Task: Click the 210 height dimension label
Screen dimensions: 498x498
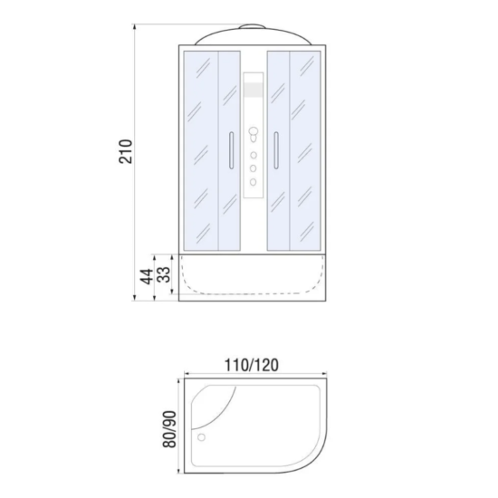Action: (x=126, y=151)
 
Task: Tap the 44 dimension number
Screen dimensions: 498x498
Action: (x=147, y=277)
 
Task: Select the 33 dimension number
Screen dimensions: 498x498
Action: (x=164, y=274)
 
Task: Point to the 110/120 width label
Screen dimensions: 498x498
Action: (x=252, y=365)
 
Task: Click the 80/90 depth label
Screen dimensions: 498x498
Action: (x=169, y=429)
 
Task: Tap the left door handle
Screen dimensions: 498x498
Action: (x=231, y=150)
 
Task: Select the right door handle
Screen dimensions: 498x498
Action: (x=276, y=150)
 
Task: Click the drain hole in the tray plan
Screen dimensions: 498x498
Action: (x=201, y=437)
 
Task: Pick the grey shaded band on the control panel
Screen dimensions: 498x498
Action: (x=254, y=90)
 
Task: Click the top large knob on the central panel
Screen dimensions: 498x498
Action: (x=254, y=131)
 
